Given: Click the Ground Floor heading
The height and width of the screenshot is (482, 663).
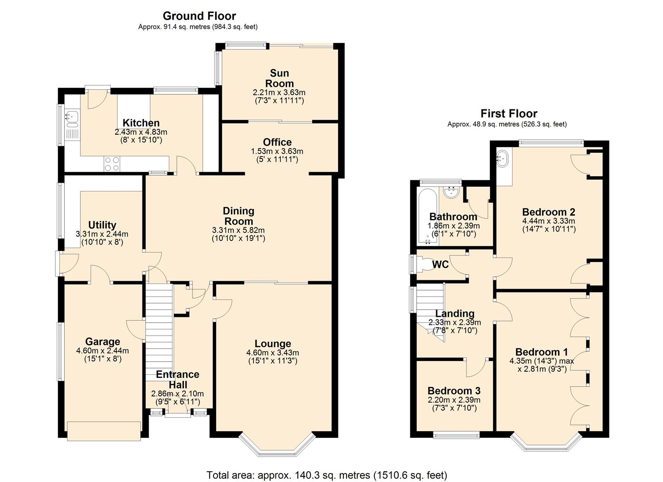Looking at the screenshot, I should click(x=199, y=16).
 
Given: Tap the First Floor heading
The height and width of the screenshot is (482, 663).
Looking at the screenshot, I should click(x=509, y=113).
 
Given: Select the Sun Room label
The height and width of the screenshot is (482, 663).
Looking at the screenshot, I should click(x=279, y=78).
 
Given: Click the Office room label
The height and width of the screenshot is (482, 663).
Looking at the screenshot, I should click(x=277, y=142).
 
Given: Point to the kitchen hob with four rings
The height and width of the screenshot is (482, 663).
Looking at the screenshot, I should click(x=112, y=164).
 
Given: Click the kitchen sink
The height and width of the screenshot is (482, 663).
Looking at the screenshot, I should click(x=72, y=117).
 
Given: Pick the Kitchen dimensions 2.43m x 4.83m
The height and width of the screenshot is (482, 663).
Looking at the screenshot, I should click(x=141, y=132).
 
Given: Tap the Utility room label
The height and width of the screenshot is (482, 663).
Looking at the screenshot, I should click(x=102, y=225).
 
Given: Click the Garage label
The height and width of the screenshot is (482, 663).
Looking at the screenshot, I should click(x=103, y=342).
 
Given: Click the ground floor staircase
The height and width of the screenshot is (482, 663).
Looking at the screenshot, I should click(x=159, y=330).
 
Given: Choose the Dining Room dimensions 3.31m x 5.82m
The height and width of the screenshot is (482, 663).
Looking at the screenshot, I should click(x=238, y=230).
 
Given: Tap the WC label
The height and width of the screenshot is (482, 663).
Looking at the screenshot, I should click(x=440, y=265).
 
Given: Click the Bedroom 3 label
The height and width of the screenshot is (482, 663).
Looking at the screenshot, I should click(x=454, y=391).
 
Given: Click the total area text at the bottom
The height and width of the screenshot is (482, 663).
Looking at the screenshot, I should click(x=326, y=475).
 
